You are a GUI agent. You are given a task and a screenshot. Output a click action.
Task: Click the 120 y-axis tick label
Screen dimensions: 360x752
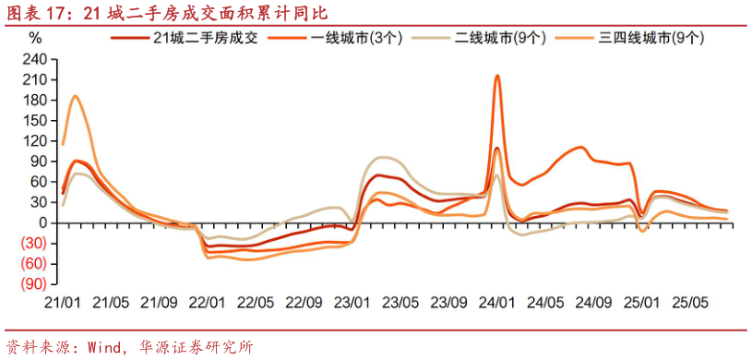tap(35, 140)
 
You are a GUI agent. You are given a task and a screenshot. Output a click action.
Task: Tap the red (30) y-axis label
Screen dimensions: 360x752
tap(34, 244)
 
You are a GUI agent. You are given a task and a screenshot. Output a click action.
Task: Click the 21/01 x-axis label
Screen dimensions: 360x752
tap(63, 301)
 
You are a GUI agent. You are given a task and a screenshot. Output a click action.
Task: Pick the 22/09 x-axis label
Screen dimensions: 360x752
tap(304, 301)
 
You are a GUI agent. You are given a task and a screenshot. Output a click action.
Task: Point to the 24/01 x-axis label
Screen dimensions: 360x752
tap(497, 301)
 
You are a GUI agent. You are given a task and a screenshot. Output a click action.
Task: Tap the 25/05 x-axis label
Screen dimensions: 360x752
tap(689, 301)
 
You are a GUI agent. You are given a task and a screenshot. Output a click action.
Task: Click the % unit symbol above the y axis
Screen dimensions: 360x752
tap(35, 38)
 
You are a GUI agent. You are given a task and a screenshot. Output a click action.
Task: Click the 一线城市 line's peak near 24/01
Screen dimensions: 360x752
tap(497, 76)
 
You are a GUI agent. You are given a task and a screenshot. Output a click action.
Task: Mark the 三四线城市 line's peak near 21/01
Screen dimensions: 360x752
tap(75, 96)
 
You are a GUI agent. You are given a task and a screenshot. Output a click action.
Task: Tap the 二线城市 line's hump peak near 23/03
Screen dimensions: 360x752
tap(383, 158)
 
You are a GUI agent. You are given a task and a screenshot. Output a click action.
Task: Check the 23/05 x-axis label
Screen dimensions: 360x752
tap(400, 301)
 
